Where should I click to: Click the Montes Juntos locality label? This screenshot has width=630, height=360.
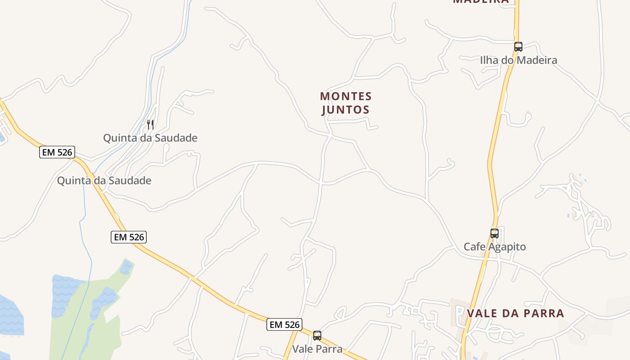346,103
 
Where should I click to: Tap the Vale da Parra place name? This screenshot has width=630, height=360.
515,314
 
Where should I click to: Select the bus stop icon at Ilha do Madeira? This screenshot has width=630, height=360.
518,46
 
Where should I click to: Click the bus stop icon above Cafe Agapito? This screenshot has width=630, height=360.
495,234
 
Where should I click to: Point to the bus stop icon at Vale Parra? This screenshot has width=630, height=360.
317,335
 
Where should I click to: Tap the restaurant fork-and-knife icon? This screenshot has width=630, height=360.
150,124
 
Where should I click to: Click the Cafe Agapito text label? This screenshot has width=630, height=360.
495,247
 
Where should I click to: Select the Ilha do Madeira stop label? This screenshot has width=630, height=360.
518,60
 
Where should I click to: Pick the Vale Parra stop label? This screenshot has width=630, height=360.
317,349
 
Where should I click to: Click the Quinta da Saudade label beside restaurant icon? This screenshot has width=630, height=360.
150,138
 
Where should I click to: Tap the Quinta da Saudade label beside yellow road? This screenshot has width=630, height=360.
104,181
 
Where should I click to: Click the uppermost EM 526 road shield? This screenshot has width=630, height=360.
57,152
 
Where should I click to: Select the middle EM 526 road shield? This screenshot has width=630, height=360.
129,237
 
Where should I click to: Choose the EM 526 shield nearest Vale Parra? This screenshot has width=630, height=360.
284,324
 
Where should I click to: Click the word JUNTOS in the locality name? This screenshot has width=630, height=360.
346,110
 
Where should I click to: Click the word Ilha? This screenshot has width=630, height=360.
488,60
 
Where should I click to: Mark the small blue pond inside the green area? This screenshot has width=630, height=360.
126,268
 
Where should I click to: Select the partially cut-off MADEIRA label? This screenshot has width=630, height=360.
481,1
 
